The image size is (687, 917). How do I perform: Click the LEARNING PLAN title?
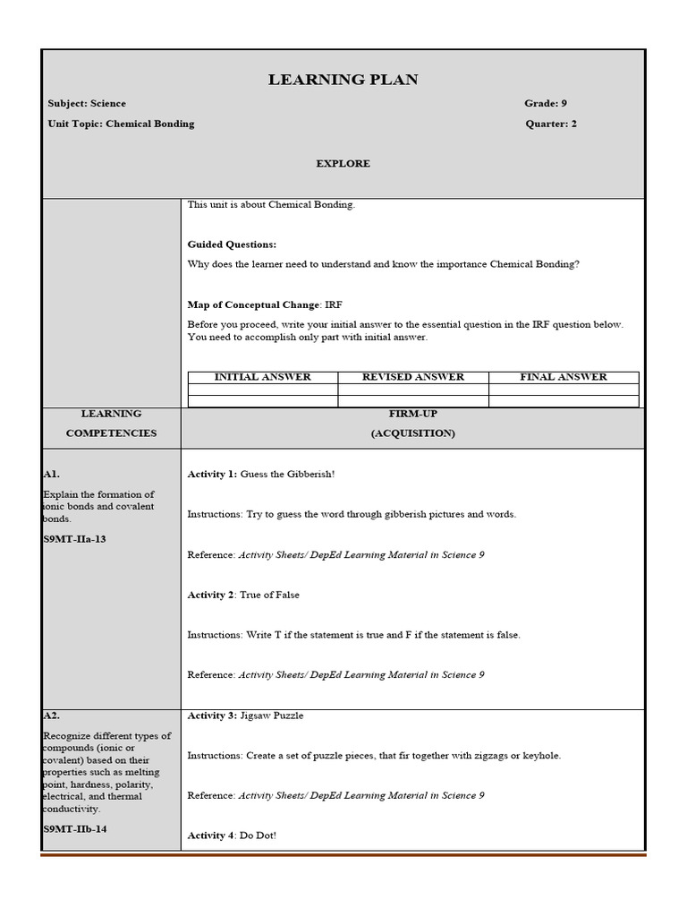pyautogui.click(x=343, y=81)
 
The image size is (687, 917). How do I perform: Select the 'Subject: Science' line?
pyautogui.click(x=87, y=104)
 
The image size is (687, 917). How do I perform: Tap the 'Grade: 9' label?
pyautogui.click(x=546, y=104)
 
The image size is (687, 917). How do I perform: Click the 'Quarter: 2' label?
pyautogui.click(x=551, y=124)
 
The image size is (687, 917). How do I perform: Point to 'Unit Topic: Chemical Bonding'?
pyautogui.click(x=121, y=124)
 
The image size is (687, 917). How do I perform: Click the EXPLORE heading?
pyautogui.click(x=343, y=164)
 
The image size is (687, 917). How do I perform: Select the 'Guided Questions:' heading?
pyautogui.click(x=232, y=244)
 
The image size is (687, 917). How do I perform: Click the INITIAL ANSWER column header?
pyautogui.click(x=263, y=377)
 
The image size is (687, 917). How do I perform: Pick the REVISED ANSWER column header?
pyautogui.click(x=413, y=377)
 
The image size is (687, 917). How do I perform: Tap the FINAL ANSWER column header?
pyautogui.click(x=564, y=377)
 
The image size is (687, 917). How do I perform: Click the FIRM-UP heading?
pyautogui.click(x=412, y=414)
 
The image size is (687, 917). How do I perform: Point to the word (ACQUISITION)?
pyautogui.click(x=412, y=433)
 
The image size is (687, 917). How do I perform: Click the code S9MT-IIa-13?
pyautogui.click(x=74, y=539)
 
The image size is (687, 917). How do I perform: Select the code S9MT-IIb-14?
pyautogui.click(x=75, y=829)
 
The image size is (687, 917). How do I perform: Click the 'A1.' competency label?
pyautogui.click(x=51, y=475)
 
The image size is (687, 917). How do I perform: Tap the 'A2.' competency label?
pyautogui.click(x=51, y=716)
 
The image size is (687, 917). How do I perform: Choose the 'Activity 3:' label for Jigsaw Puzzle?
pyautogui.click(x=212, y=716)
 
